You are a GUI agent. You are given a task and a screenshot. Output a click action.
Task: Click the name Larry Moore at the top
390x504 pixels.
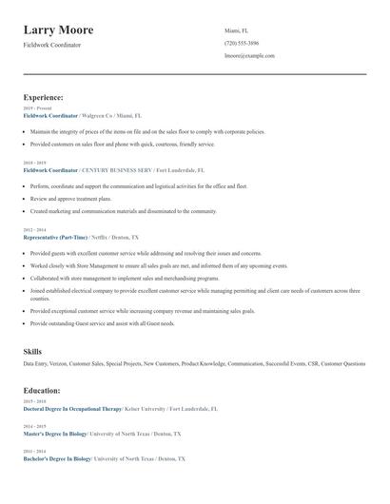[65, 29]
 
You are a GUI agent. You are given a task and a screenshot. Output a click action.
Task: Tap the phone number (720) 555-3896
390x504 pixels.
[242, 43]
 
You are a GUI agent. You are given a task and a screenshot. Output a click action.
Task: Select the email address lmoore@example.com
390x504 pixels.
[250, 56]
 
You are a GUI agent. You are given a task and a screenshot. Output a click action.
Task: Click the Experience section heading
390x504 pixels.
[44, 97]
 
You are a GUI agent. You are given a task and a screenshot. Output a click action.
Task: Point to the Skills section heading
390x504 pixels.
[32, 352]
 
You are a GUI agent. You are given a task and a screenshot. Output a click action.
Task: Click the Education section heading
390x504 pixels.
[42, 390]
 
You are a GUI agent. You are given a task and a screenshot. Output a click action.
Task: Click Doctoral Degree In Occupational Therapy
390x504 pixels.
[72, 408]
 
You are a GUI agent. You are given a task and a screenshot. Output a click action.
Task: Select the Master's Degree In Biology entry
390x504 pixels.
[56, 434]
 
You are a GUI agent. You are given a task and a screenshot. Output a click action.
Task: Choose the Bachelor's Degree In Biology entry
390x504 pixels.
[57, 458]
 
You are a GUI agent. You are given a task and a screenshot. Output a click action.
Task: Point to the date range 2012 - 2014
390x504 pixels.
[33, 230]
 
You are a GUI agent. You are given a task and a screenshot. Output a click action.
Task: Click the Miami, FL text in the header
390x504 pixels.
[236, 30]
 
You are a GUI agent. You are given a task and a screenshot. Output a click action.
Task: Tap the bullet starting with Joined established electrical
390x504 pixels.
[190, 291]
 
